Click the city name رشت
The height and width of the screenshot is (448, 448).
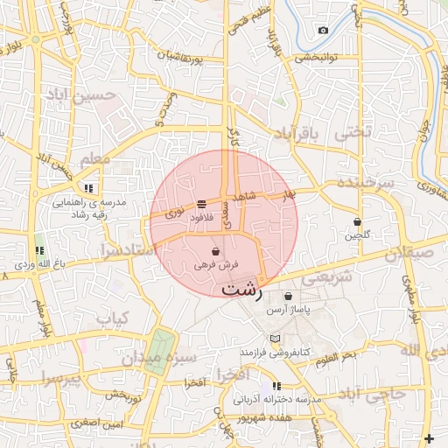point(241,290)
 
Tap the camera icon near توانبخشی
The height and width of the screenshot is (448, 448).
point(323,31)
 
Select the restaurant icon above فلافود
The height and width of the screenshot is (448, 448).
point(202,203)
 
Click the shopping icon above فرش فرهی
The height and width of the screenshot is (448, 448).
point(215,252)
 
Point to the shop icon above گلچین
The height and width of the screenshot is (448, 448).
point(357,221)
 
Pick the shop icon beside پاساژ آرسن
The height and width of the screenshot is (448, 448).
point(288,296)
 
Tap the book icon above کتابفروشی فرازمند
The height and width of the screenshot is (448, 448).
point(276,339)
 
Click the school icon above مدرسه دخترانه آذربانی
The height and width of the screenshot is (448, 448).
point(276,385)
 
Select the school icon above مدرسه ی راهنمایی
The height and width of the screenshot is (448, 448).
point(88,187)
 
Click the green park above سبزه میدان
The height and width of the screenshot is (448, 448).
point(159,350)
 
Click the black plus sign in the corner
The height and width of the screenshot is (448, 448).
point(429,438)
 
